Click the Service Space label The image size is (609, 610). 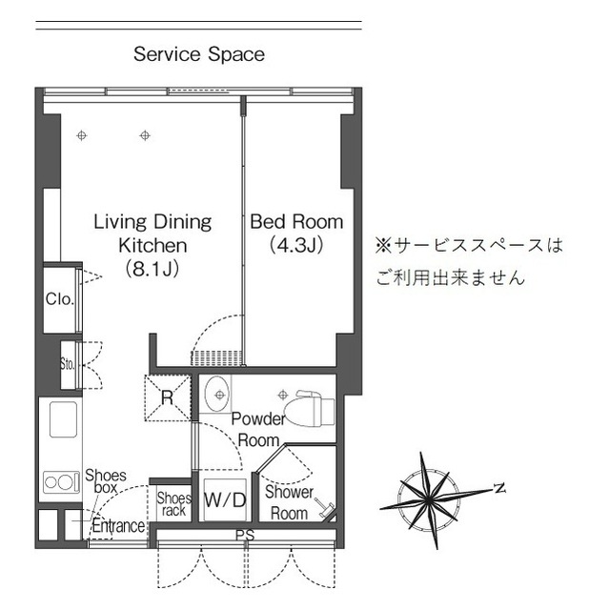199,54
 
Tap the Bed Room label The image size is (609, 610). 295,222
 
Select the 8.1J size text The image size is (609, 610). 152,269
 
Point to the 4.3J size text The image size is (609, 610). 295,246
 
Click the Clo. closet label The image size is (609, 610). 59,299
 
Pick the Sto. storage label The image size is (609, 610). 67,363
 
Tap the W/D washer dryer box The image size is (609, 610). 225,498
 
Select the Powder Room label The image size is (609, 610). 257,430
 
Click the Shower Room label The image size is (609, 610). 288,502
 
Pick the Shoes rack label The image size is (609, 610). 173,503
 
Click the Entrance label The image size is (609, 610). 118,525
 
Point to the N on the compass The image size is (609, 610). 497,488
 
